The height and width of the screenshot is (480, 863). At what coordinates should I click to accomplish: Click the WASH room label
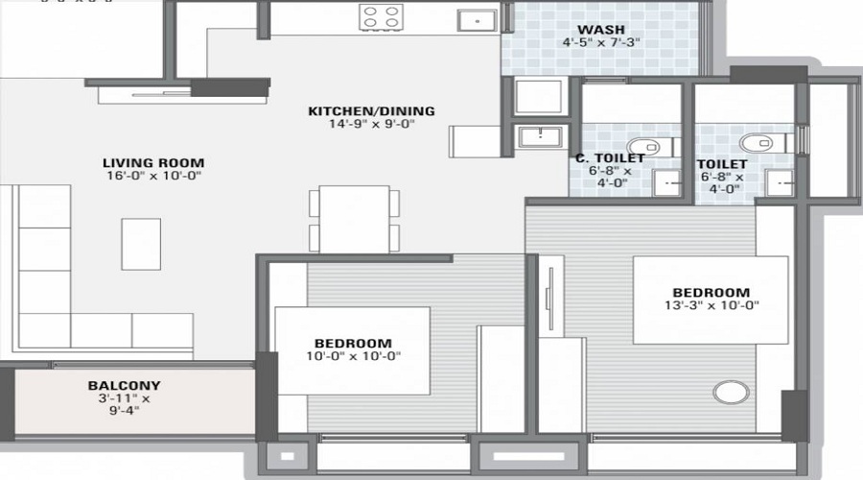601,28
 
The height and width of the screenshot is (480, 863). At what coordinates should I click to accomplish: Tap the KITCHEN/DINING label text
371,111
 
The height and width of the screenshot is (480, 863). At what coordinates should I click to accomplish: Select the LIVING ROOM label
154,163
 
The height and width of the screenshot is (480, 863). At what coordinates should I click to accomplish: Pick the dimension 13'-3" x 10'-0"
710,307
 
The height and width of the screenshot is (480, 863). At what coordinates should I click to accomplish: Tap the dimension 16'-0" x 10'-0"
154,177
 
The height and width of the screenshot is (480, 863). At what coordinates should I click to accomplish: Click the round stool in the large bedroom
730,393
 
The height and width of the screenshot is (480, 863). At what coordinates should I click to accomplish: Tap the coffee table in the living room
141,244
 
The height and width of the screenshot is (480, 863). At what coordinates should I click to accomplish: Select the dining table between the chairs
354,219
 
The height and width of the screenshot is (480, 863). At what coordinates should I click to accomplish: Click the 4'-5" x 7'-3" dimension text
601,43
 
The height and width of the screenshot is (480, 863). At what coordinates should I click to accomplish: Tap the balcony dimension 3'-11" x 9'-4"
118,406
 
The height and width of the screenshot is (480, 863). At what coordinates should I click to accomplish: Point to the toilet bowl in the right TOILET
760,142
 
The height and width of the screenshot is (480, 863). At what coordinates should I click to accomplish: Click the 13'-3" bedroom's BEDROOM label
710,293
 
